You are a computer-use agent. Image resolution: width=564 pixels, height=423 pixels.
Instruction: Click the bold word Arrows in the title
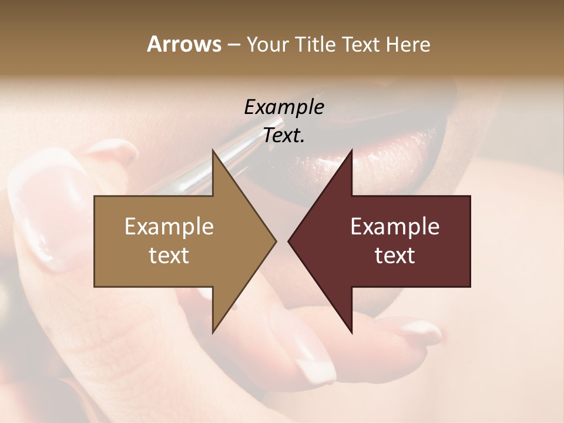[x=184, y=44]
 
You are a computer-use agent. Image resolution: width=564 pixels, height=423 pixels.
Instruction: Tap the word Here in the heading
[x=408, y=44]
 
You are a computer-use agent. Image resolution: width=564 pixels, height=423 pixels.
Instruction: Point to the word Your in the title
[x=265, y=44]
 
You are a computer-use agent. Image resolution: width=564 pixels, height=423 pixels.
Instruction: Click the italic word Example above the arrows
[x=284, y=107]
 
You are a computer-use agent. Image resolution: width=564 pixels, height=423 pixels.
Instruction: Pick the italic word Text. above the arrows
[x=284, y=135]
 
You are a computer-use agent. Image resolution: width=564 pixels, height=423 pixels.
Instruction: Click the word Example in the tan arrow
[x=169, y=227]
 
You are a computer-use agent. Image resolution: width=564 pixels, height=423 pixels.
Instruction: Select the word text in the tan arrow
[x=169, y=256]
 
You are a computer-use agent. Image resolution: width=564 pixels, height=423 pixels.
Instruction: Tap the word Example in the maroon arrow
[x=395, y=227]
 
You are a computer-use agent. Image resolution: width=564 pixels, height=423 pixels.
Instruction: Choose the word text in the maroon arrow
[x=395, y=256]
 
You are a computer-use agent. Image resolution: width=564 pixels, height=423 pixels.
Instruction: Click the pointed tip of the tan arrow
[x=275, y=241]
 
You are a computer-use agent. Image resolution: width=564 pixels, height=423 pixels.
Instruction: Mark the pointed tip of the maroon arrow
[x=290, y=241]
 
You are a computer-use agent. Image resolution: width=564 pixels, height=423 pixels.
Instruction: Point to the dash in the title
[x=233, y=45]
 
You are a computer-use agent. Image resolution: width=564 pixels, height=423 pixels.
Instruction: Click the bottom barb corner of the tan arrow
[x=213, y=331]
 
